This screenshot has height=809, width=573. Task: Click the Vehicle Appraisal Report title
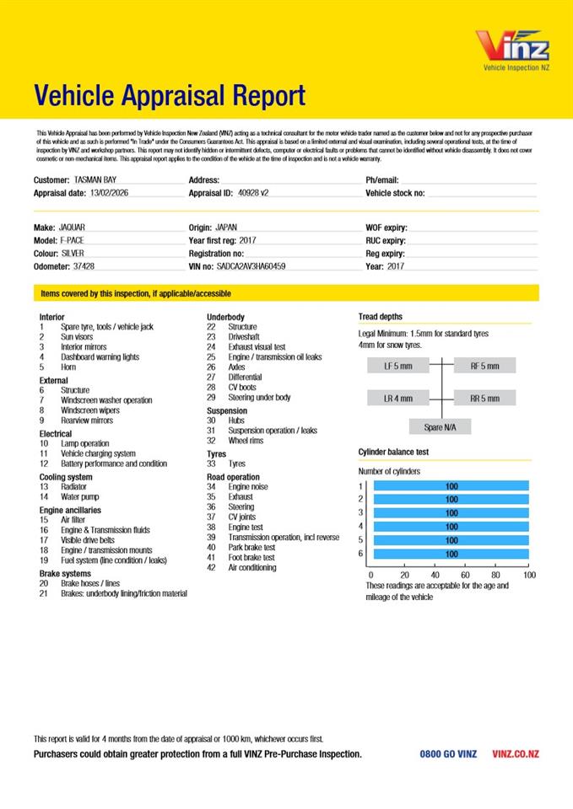pos(170,96)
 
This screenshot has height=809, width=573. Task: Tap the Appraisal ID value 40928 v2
pos(253,193)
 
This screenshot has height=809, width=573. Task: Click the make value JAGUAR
pos(72,228)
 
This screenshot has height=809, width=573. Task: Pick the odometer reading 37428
pos(84,266)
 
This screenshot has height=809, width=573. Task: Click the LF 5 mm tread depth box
pos(398,367)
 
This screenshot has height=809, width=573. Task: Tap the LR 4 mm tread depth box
pos(398,399)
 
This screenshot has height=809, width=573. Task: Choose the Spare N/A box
pos(441,427)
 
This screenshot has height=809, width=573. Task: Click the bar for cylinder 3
pos(451,512)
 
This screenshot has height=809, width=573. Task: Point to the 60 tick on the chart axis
pos(465,575)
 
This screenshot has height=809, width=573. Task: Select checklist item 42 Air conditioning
pos(251,568)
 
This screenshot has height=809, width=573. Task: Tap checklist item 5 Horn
pos(69,367)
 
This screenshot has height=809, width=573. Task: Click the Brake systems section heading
pos(66,573)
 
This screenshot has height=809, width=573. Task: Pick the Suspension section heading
pos(227,410)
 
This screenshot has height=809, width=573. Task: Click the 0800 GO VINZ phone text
pos(448,754)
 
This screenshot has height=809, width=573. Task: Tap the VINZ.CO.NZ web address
pos(516,754)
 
